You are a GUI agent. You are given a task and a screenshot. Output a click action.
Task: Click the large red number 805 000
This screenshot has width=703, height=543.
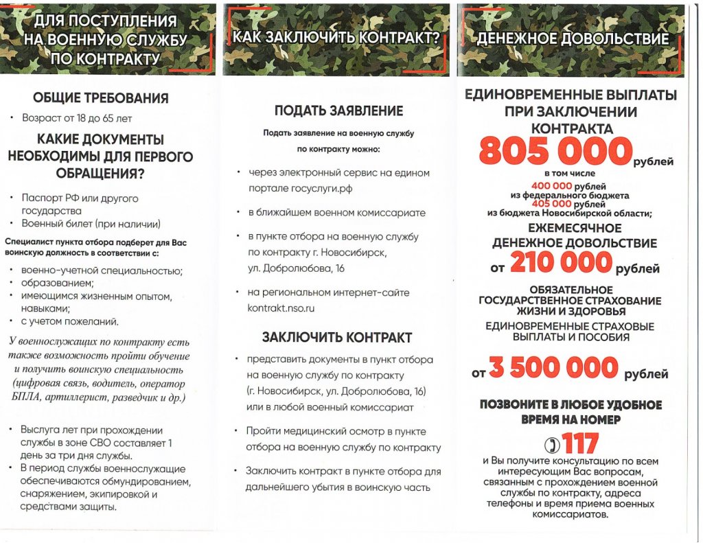(555, 152)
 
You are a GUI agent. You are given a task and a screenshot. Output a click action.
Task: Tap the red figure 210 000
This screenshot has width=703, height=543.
(560, 263)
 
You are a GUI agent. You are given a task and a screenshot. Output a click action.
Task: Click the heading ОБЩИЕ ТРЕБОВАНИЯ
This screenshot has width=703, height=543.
(100, 98)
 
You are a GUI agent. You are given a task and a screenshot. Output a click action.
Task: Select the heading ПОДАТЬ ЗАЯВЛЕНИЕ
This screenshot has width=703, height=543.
(338, 111)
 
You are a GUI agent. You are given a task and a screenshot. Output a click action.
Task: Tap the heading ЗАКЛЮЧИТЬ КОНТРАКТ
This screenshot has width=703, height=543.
(337, 337)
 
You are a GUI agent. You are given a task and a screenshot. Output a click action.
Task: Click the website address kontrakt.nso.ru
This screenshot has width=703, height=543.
(281, 308)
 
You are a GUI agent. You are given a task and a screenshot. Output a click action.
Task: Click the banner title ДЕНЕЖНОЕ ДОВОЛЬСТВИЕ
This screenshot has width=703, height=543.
(572, 39)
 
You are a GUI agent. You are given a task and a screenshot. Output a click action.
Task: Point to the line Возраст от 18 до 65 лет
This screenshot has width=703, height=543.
(77, 118)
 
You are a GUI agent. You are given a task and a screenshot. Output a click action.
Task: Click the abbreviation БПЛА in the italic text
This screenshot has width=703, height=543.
(23, 397)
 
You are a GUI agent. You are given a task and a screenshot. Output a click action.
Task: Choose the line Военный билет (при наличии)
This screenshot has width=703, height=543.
(91, 224)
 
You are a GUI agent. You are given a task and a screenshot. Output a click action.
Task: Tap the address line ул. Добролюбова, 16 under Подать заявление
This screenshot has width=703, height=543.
(296, 268)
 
